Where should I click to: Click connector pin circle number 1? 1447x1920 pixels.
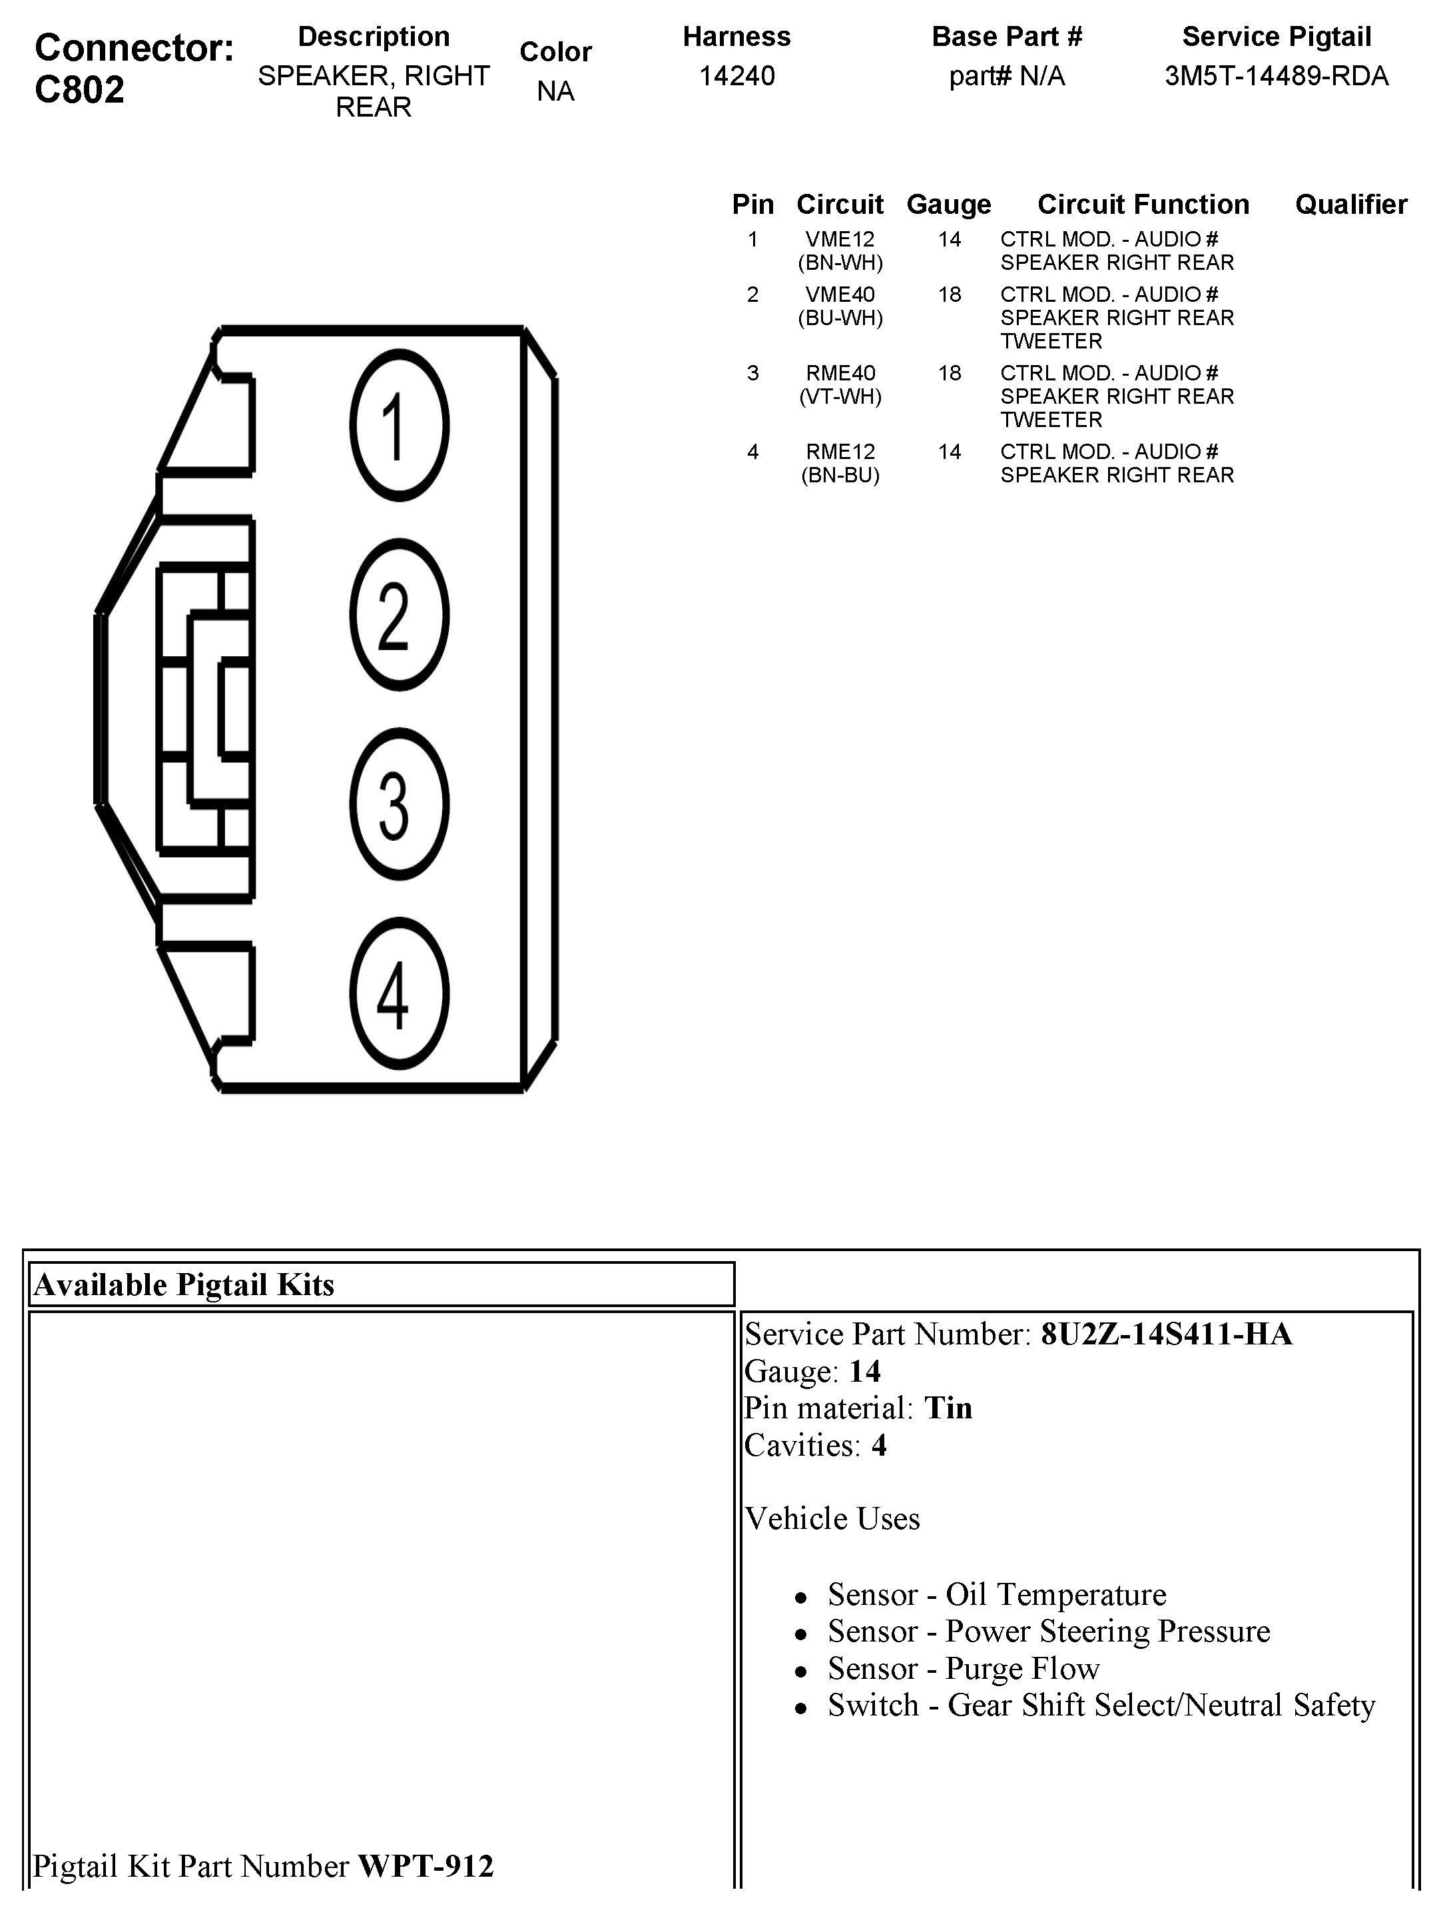pos(399,425)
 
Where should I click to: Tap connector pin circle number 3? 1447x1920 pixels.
pos(399,803)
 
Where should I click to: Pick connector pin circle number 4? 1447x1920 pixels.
pos(399,993)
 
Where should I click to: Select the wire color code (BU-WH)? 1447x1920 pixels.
pos(840,318)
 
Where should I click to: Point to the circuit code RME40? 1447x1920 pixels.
pos(840,373)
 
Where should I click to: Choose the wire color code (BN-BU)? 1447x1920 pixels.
pos(840,475)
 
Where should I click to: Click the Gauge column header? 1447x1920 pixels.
pos(948,204)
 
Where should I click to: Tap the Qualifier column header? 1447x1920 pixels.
pos(1350,204)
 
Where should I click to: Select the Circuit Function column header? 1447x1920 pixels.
pos(1143,204)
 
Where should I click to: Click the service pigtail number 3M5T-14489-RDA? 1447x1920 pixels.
pos(1276,77)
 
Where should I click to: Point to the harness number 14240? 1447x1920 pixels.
pos(736,77)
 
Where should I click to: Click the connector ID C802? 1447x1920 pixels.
pos(79,89)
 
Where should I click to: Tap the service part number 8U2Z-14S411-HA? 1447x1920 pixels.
pos(1166,1334)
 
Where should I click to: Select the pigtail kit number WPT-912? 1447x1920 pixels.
pos(425,1865)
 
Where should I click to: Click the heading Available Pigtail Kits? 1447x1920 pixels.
pos(184,1284)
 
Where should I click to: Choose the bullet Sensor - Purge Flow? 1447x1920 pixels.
pos(963,1668)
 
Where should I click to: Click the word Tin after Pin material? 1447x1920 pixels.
pos(948,1408)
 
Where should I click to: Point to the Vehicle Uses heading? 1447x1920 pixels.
pos(832,1518)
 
